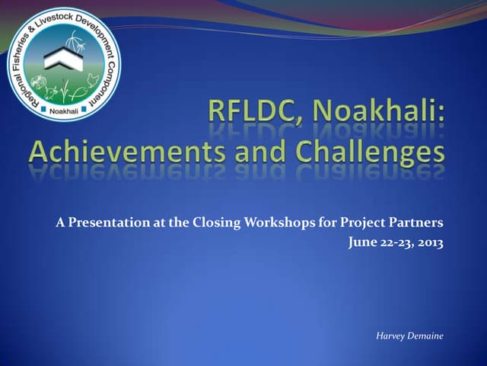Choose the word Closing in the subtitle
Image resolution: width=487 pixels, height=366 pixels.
coord(215,223)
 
